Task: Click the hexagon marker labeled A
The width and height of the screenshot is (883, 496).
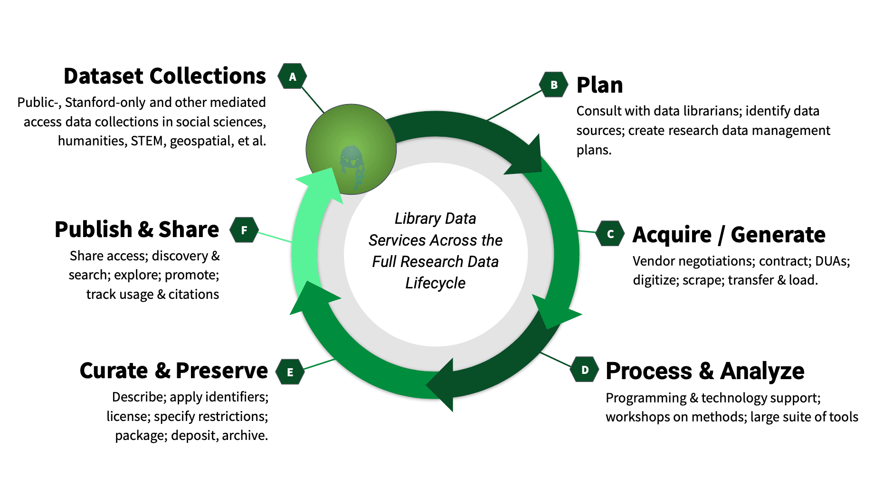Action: coord(292,76)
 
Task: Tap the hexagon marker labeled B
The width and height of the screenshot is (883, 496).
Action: coord(554,85)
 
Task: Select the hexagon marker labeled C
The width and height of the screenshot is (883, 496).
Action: coord(610,234)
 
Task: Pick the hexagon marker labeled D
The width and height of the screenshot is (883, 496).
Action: coord(585,370)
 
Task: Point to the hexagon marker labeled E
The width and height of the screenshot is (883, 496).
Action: coord(290,372)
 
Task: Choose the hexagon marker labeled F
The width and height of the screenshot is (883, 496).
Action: coord(244,230)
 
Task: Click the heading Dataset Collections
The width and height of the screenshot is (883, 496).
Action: coord(164,76)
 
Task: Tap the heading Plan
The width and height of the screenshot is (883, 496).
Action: coord(599,86)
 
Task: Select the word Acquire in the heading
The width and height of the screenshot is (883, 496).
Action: coord(672,235)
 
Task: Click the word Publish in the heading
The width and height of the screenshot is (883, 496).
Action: coord(93,229)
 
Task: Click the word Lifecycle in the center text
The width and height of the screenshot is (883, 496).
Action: coord(435,283)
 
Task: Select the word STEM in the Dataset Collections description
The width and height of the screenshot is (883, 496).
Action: coord(147,141)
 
